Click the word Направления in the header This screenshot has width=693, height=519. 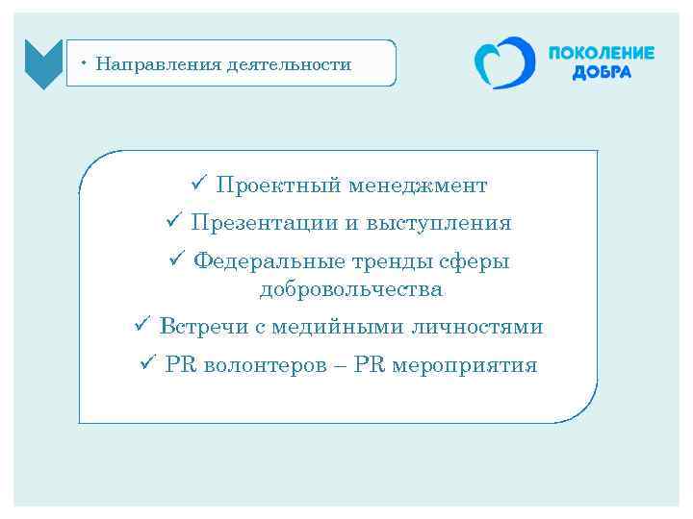pyautogui.click(x=158, y=64)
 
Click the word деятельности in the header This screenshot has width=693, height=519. pyautogui.click(x=289, y=64)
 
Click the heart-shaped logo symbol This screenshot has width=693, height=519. pyautogui.click(x=503, y=63)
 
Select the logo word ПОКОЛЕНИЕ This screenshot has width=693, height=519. pyautogui.click(x=601, y=54)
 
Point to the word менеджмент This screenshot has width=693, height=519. pyautogui.click(x=419, y=185)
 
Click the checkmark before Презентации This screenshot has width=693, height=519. pyautogui.click(x=173, y=222)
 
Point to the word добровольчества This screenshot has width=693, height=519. pyautogui.click(x=350, y=288)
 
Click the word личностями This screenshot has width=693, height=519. pyautogui.click(x=477, y=327)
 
